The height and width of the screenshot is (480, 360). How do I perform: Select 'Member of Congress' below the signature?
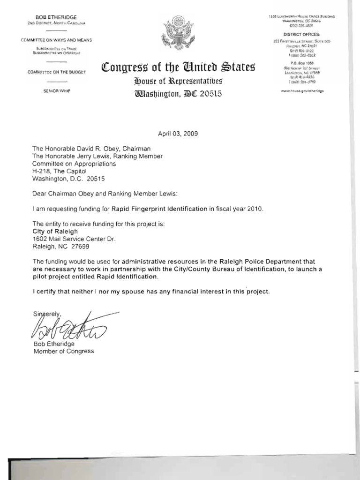63,351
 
